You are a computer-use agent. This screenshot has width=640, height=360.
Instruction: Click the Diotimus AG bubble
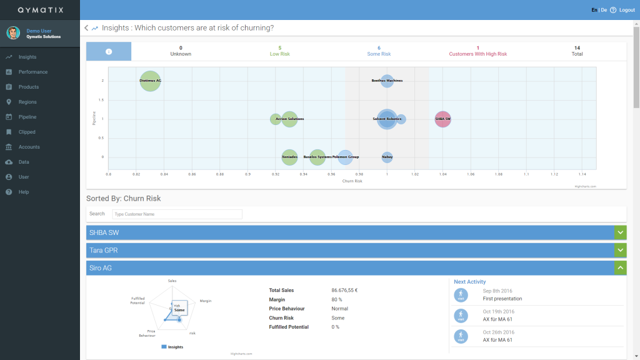tap(150, 81)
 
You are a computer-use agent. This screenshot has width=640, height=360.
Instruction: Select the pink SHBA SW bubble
tap(442, 119)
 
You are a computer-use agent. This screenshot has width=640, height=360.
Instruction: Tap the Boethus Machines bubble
tap(387, 81)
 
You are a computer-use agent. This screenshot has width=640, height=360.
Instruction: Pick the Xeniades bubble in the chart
tap(289, 157)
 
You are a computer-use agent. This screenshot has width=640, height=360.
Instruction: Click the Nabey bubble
tap(387, 157)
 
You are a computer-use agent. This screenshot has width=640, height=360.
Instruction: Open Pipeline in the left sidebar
tap(27, 117)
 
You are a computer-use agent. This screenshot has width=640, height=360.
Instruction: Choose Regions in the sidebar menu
tap(27, 102)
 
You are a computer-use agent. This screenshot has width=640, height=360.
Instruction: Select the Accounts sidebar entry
tap(29, 147)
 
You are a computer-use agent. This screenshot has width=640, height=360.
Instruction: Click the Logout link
tap(626, 10)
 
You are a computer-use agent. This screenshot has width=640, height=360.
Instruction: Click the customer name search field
tap(177, 214)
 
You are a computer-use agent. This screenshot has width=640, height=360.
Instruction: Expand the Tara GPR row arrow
tap(620, 250)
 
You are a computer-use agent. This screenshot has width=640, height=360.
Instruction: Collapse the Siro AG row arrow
tap(620, 267)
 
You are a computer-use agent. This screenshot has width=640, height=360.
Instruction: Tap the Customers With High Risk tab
tap(477, 51)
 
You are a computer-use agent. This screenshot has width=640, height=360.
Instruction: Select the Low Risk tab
tap(279, 51)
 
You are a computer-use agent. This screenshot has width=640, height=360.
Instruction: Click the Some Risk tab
tap(379, 51)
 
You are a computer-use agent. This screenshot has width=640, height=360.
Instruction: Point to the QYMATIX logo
tap(40, 10)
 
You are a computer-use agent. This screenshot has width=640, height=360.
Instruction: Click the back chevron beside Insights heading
tap(86, 28)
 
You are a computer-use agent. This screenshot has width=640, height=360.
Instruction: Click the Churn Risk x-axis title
tap(352, 181)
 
